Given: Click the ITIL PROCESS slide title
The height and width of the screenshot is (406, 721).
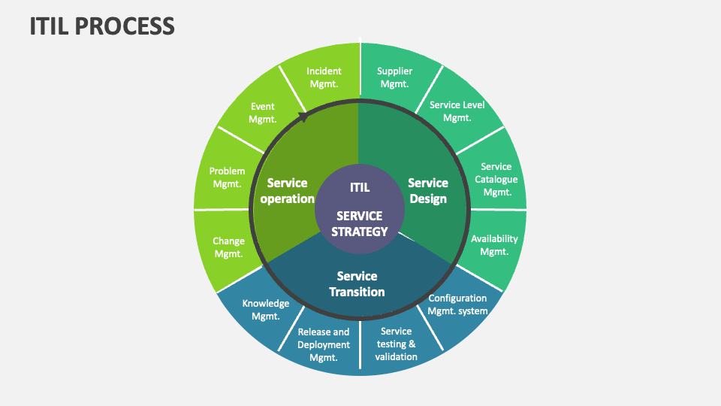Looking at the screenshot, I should (102, 26).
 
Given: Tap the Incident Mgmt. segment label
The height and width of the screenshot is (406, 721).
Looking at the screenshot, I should (324, 77).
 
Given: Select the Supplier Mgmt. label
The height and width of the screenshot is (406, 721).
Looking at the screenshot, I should (394, 77).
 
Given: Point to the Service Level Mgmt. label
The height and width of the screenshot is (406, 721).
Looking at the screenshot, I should (457, 111).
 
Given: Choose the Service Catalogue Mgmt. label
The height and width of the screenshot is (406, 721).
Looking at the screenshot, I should (496, 179).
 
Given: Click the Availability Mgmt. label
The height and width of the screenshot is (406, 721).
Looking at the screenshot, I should (494, 245).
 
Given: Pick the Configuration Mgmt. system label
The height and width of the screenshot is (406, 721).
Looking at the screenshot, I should (457, 304).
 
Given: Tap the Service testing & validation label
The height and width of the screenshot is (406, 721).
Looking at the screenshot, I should (396, 344).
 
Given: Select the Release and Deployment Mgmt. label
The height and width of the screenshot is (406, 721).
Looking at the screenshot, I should (324, 344).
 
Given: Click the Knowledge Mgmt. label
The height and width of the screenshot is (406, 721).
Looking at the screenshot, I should (265, 310).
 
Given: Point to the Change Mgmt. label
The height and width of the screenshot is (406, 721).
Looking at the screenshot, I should (228, 247).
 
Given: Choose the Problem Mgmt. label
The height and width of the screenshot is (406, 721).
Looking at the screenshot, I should (227, 177).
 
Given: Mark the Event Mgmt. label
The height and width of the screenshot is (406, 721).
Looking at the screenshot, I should (263, 113).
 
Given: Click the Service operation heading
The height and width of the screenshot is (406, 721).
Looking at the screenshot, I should (291, 191).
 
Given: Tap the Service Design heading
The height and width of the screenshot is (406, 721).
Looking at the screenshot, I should (428, 191).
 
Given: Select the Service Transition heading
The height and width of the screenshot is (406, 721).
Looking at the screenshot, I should (357, 284).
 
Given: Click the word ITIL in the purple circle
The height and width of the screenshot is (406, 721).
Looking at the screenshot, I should (360, 187).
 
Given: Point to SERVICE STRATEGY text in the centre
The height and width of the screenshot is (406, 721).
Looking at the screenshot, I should (360, 224).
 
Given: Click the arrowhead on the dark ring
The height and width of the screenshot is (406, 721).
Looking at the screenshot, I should (303, 117).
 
